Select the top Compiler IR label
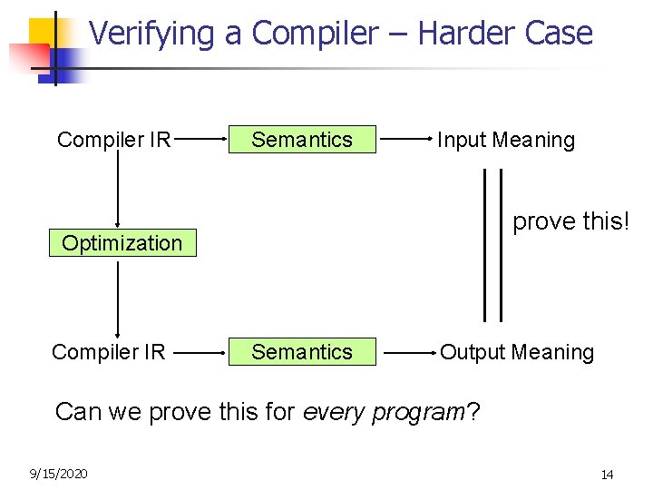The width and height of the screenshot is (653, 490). click(x=114, y=140)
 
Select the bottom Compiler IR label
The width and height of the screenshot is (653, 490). click(x=109, y=352)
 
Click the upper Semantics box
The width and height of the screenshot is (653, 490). click(x=302, y=140)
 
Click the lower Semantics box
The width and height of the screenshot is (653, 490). click(x=302, y=352)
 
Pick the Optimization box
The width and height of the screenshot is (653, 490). click(x=122, y=243)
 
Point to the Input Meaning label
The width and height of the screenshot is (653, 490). click(x=506, y=141)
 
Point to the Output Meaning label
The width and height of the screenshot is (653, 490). click(x=517, y=352)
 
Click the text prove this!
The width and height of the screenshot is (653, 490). click(x=570, y=221)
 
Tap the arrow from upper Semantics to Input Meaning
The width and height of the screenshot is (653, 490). click(x=405, y=140)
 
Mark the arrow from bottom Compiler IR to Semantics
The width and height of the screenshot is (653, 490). click(x=200, y=352)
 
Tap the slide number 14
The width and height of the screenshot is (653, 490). click(x=607, y=475)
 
